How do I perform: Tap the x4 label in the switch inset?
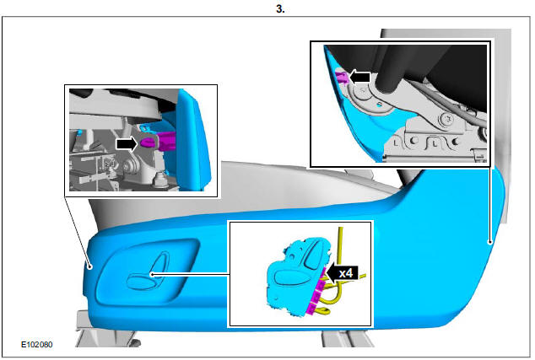pyautogui.click(x=344, y=273)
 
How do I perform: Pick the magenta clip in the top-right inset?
pyautogui.click(x=340, y=78)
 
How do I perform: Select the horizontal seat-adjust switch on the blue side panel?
pyautogui.click(x=136, y=280)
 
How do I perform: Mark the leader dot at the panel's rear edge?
pyautogui.click(x=489, y=241)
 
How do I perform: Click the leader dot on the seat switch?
pyautogui.click(x=152, y=272)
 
